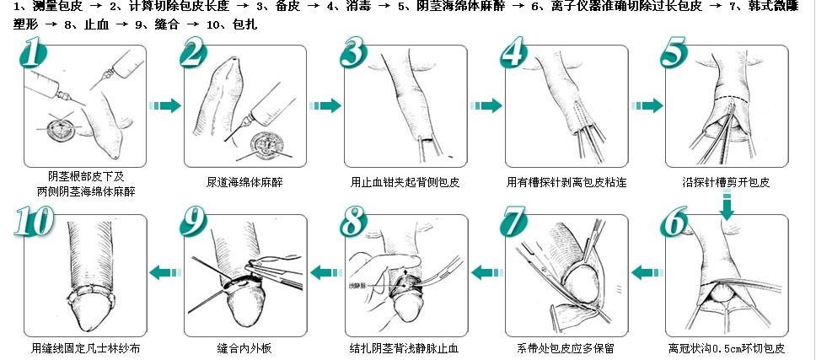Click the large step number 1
(x=30, y=56)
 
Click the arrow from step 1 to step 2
(x=165, y=105)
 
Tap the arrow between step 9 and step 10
(x=165, y=271)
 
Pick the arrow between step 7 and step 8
(x=486, y=271)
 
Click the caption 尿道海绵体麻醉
(x=244, y=181)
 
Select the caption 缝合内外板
(x=244, y=347)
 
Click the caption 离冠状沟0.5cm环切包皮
(x=726, y=347)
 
